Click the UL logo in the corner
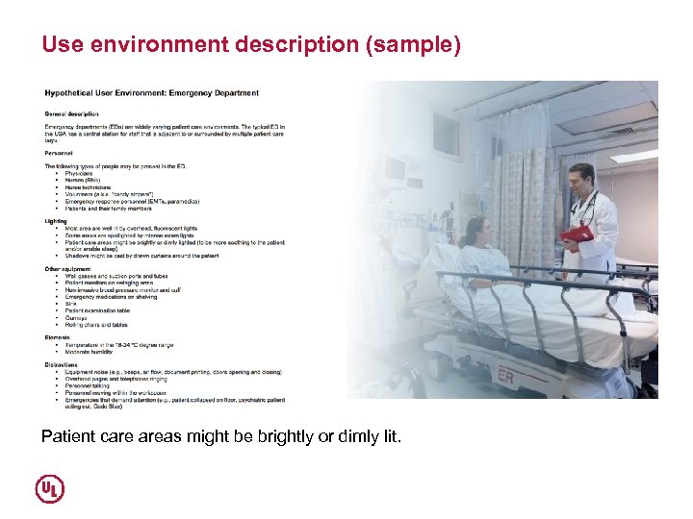tap(50, 488)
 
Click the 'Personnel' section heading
tap(60, 152)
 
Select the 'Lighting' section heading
tap(57, 220)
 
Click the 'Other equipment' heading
tap(68, 268)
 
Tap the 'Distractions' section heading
tap(63, 364)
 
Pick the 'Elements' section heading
tap(58, 337)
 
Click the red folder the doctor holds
tap(577, 235)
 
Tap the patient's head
tap(475, 228)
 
